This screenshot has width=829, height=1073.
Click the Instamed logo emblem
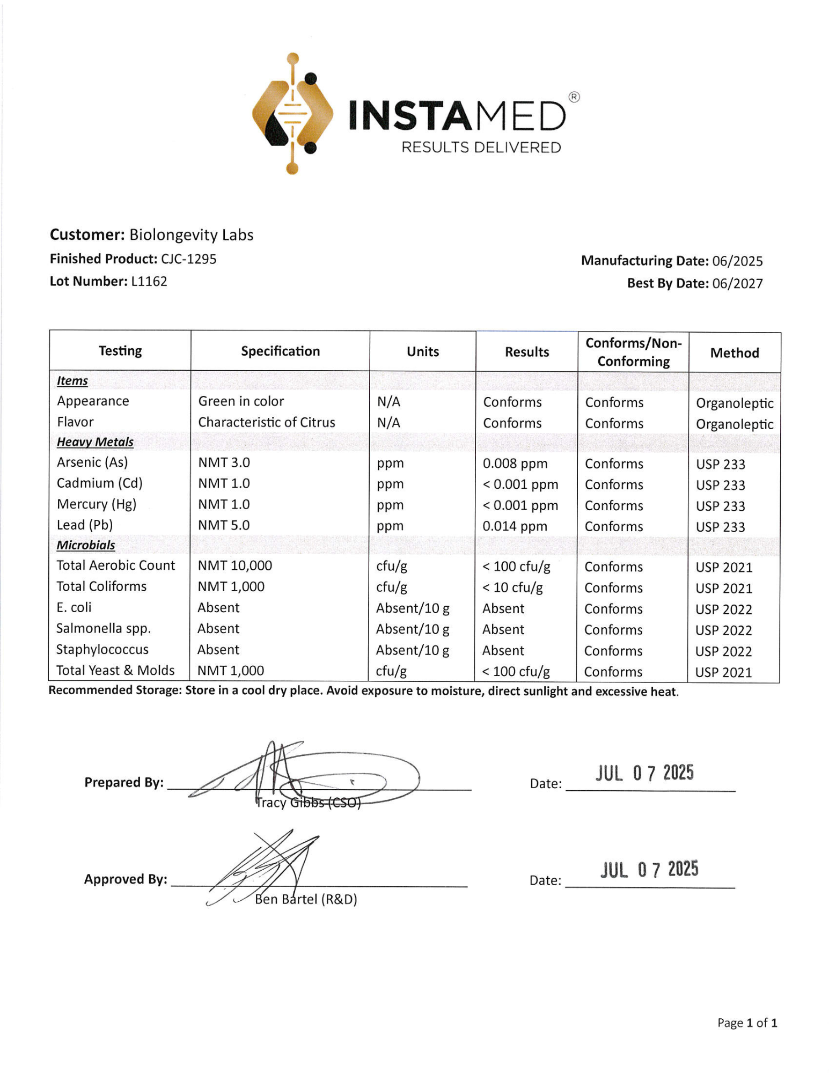[292, 114]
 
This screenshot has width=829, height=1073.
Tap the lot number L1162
[149, 282]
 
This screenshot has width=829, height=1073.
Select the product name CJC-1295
[189, 259]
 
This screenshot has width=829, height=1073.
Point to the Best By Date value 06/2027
[737, 284]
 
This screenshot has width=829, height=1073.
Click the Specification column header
[280, 351]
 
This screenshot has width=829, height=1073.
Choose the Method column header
[734, 353]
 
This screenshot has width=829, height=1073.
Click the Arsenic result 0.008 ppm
[515, 464]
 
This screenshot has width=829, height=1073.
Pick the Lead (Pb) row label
[85, 525]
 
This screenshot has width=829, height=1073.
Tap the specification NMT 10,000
[235, 565]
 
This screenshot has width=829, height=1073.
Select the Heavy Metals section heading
[95, 442]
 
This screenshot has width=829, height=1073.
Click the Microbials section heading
[86, 545]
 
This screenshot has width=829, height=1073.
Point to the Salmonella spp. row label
[104, 628]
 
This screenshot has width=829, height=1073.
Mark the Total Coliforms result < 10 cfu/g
[512, 588]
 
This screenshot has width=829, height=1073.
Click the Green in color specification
[241, 401]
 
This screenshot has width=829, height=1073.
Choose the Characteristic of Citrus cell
[267, 423]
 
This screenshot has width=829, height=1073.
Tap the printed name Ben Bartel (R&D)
[306, 899]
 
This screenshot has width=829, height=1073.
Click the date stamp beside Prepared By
[644, 773]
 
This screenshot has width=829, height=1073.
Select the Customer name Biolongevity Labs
[191, 235]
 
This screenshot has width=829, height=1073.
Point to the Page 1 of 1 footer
[747, 1023]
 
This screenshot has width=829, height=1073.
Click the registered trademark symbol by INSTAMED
[574, 97]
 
